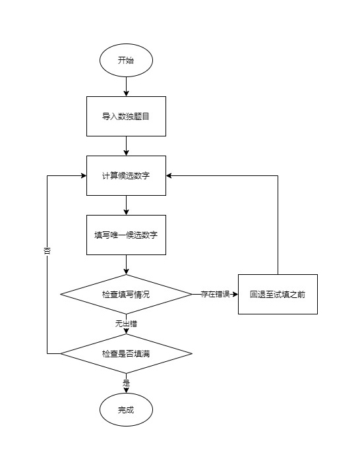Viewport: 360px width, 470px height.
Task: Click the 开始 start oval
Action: [126, 60]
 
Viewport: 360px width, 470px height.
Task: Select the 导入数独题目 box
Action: [126, 116]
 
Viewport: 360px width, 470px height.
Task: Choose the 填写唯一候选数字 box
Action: [126, 235]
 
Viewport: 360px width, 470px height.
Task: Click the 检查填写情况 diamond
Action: [126, 294]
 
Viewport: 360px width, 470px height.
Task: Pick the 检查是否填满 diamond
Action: [126, 354]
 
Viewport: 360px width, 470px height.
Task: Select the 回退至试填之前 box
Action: [278, 294]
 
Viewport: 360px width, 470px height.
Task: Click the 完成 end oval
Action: [126, 410]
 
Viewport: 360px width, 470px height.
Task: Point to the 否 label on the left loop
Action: [47, 251]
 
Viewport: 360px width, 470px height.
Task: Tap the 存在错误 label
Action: [215, 294]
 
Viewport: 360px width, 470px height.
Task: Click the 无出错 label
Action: [126, 324]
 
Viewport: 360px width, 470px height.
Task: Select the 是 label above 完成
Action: [126, 382]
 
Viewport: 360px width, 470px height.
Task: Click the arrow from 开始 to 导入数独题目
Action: [126, 86]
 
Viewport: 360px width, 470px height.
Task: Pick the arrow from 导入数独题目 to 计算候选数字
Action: [126, 146]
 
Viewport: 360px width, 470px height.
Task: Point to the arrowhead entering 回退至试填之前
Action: [234, 294]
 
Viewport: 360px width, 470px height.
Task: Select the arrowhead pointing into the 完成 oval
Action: [126, 390]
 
